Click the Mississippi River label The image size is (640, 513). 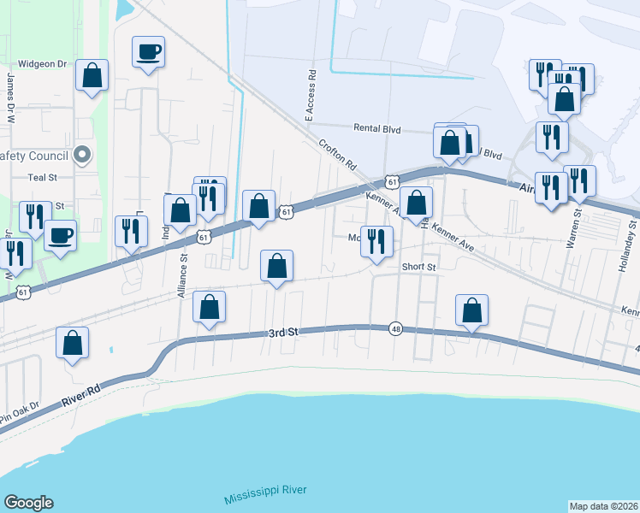[264, 493]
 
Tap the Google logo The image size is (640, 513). [28, 503]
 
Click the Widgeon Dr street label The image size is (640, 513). [42, 64]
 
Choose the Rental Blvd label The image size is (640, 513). [377, 128]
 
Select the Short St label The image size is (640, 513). [419, 267]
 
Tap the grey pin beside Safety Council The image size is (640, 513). [82, 156]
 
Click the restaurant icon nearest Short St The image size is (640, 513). [376, 242]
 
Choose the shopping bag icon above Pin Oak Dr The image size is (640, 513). [73, 343]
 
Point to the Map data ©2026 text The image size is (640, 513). [602, 505]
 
